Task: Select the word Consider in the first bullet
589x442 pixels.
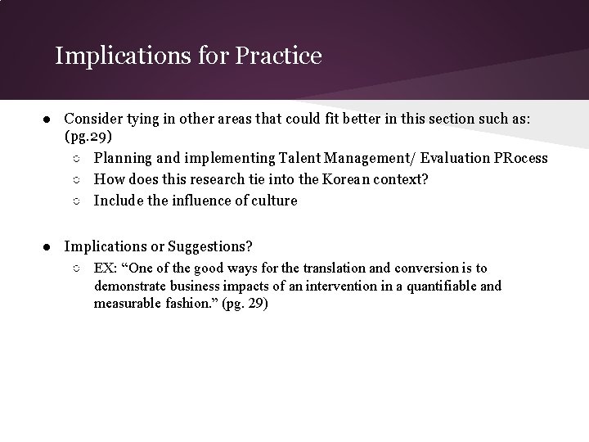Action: (x=92, y=119)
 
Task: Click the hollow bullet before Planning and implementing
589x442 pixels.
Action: (x=75, y=158)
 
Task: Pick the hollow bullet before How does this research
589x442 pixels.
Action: (x=75, y=179)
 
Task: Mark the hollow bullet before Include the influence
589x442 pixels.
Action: (x=75, y=201)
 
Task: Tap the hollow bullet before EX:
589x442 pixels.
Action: (x=75, y=268)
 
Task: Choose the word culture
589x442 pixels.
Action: (x=273, y=200)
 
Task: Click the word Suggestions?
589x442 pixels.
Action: (x=213, y=245)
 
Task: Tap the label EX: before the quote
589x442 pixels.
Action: (x=106, y=268)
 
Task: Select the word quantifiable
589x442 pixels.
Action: (x=443, y=286)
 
